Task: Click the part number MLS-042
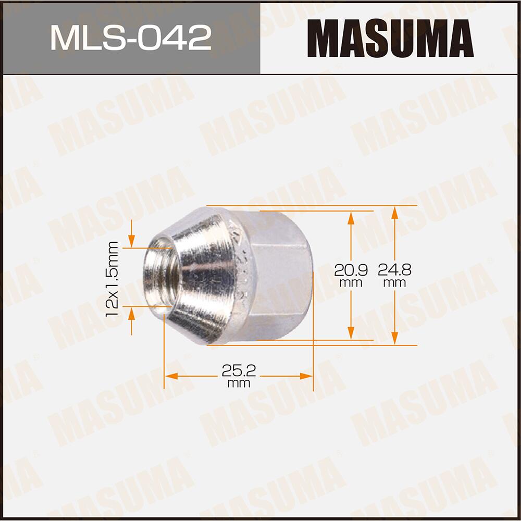(x=130, y=38)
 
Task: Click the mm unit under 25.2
(x=239, y=384)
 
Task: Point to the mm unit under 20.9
(x=351, y=283)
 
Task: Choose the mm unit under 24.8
(x=395, y=283)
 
